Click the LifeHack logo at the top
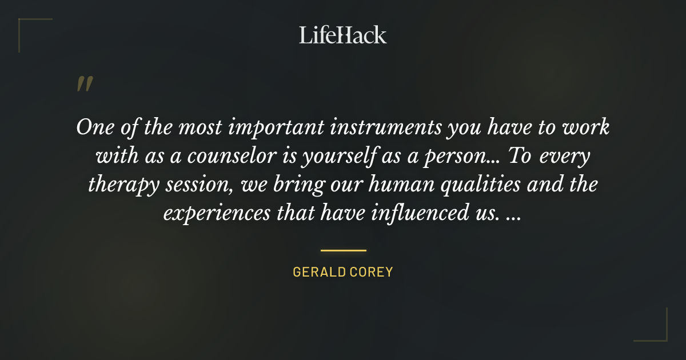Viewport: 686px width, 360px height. click(x=343, y=35)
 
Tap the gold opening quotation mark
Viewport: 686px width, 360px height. click(x=84, y=84)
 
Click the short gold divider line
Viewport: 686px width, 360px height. click(x=343, y=250)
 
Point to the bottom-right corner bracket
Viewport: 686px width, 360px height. click(x=657, y=331)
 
